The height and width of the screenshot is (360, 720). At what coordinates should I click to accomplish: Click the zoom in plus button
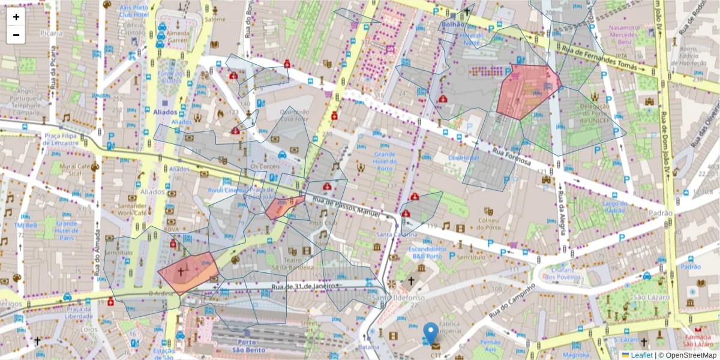coord(16,17)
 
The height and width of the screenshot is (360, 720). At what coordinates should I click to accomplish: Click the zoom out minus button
coord(16,35)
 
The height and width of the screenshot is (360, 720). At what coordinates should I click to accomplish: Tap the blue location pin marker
coord(430,334)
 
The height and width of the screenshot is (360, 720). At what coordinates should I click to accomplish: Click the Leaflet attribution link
coord(641,355)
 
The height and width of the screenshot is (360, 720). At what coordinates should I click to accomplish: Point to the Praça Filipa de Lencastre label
coord(61,139)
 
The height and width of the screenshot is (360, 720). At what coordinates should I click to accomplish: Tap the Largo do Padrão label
coord(614,207)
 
